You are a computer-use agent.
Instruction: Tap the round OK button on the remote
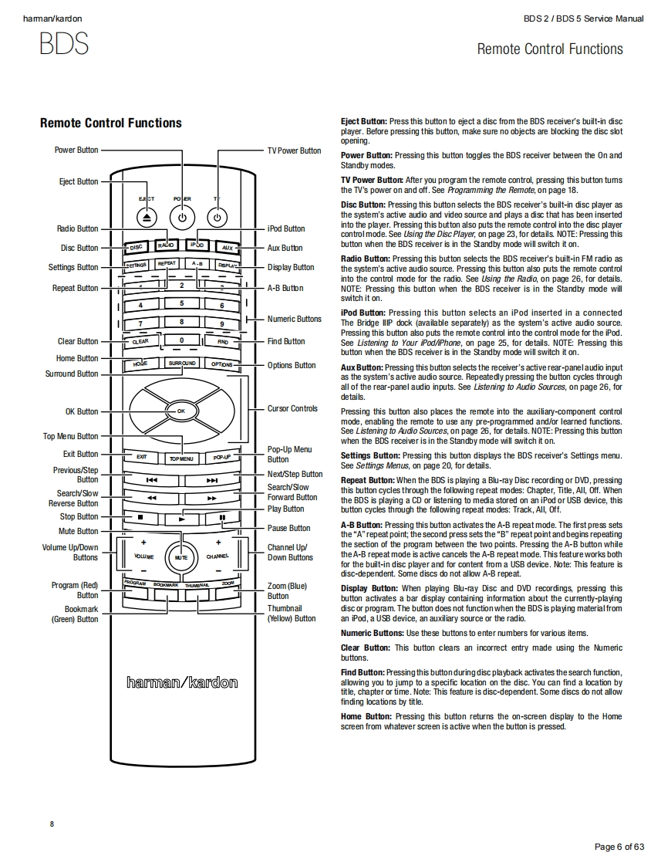coord(181,411)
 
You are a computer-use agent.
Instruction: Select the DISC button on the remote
coord(136,247)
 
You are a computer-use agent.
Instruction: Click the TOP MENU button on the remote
coord(181,458)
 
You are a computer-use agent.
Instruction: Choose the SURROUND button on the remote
coord(181,363)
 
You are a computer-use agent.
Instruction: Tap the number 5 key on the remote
coord(181,303)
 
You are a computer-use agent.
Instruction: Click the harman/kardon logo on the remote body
coord(181,682)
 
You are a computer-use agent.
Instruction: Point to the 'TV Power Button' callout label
coord(294,151)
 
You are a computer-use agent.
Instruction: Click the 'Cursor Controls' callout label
coord(292,408)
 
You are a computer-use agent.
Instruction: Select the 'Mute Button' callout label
coord(79,531)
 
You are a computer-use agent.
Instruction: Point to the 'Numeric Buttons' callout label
coord(294,319)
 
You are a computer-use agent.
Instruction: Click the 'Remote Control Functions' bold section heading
coord(110,123)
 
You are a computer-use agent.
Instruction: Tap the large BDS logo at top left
coord(64,44)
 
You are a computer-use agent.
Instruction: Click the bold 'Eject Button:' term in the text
coord(363,121)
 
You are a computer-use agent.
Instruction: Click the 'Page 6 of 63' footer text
coord(619,847)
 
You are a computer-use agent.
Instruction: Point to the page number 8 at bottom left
coord(52,824)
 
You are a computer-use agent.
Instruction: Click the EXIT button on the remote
coord(142,457)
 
